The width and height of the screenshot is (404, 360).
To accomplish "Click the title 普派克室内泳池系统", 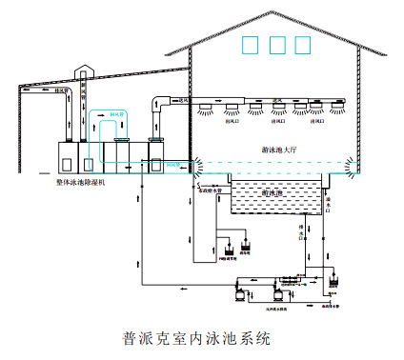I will click(197, 338).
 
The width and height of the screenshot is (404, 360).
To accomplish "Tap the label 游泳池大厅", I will click(283, 150).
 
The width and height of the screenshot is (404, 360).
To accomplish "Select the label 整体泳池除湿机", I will click(81, 180).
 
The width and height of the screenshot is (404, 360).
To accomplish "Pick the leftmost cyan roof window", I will click(251, 44).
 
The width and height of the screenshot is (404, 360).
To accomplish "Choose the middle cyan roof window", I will click(277, 44).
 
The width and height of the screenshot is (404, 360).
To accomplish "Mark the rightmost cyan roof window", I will click(304, 44).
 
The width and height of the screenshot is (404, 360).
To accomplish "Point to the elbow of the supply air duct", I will click(155, 103).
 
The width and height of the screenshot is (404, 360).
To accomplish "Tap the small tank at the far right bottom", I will click(333, 283).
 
